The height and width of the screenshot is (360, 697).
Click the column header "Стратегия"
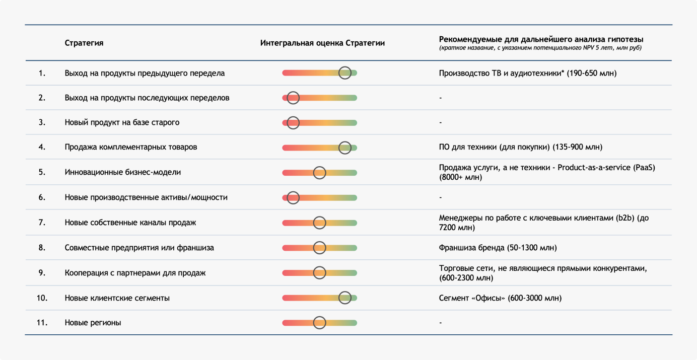84,43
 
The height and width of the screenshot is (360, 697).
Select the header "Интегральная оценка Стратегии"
322,43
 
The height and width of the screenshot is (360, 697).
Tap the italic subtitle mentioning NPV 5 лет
540,48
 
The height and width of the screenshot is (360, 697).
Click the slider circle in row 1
345,67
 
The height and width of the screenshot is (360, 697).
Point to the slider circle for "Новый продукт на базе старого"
293,116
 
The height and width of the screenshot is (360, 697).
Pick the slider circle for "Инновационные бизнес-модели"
319,167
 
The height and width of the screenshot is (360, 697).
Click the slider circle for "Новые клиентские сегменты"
345,292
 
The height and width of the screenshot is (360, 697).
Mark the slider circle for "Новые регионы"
319,317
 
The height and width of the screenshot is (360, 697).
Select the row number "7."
42,223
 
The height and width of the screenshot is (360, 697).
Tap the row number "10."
42,298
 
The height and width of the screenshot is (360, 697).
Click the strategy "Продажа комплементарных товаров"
131,147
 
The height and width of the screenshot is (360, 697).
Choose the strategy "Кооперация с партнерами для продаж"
135,273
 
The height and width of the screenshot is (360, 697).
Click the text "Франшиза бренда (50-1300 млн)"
498,248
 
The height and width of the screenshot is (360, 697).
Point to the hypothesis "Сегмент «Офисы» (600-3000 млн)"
501,298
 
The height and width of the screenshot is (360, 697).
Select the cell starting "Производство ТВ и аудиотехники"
528,73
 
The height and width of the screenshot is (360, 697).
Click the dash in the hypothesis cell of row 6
440,197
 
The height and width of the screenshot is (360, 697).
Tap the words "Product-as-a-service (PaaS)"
606,168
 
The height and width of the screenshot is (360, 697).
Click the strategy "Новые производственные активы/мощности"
146,197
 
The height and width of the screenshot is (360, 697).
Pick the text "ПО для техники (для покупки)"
495,147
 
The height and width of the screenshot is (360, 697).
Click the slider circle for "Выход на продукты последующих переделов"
293,92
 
